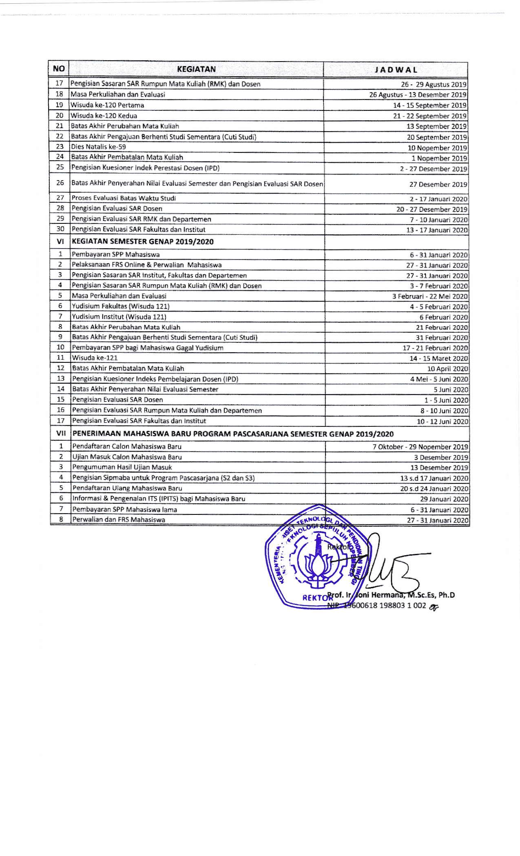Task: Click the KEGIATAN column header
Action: (x=196, y=69)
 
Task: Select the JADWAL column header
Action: (x=396, y=69)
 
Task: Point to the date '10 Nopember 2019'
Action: (x=437, y=148)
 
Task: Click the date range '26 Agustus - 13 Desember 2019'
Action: (x=418, y=95)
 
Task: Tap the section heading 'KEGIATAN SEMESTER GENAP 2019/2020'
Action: (x=143, y=241)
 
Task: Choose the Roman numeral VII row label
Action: (x=60, y=434)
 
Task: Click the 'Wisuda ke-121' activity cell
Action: (x=95, y=358)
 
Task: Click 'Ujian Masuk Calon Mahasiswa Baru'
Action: (x=127, y=457)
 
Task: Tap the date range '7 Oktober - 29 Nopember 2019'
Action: (x=420, y=447)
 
